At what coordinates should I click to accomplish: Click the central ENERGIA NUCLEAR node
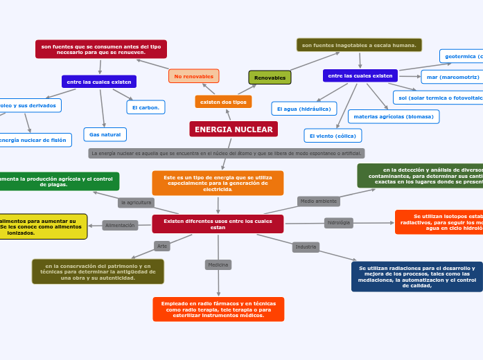pyautogui.click(x=234, y=129)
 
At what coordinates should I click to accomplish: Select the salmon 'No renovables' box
pyautogui.click(x=194, y=76)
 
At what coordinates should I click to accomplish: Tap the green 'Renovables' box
pyautogui.click(x=270, y=78)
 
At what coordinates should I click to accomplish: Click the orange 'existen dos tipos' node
pyautogui.click(x=223, y=102)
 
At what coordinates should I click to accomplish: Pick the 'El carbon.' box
pyautogui.click(x=146, y=107)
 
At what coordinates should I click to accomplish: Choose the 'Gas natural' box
pyautogui.click(x=105, y=134)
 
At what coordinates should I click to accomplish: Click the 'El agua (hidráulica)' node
pyautogui.click(x=304, y=109)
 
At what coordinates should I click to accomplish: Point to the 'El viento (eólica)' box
pyautogui.click(x=333, y=136)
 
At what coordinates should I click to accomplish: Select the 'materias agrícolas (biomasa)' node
pyautogui.click(x=394, y=116)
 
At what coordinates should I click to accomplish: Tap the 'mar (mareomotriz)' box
pyautogui.click(x=453, y=77)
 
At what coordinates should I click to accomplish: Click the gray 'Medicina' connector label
pyautogui.click(x=218, y=264)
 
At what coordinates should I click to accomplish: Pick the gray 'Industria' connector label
pyautogui.click(x=306, y=247)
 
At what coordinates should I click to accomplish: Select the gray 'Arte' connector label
pyautogui.click(x=162, y=246)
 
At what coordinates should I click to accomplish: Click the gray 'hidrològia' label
pyautogui.click(x=339, y=223)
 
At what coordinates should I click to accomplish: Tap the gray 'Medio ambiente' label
pyautogui.click(x=319, y=201)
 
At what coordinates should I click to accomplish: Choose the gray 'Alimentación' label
pyautogui.click(x=121, y=226)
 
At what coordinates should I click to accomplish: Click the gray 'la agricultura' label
pyautogui.click(x=136, y=203)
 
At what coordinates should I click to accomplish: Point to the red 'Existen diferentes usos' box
pyautogui.click(x=218, y=224)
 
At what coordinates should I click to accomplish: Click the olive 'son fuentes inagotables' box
pyautogui.click(x=359, y=45)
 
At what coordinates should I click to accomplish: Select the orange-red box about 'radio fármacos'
pyautogui.click(x=218, y=309)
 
